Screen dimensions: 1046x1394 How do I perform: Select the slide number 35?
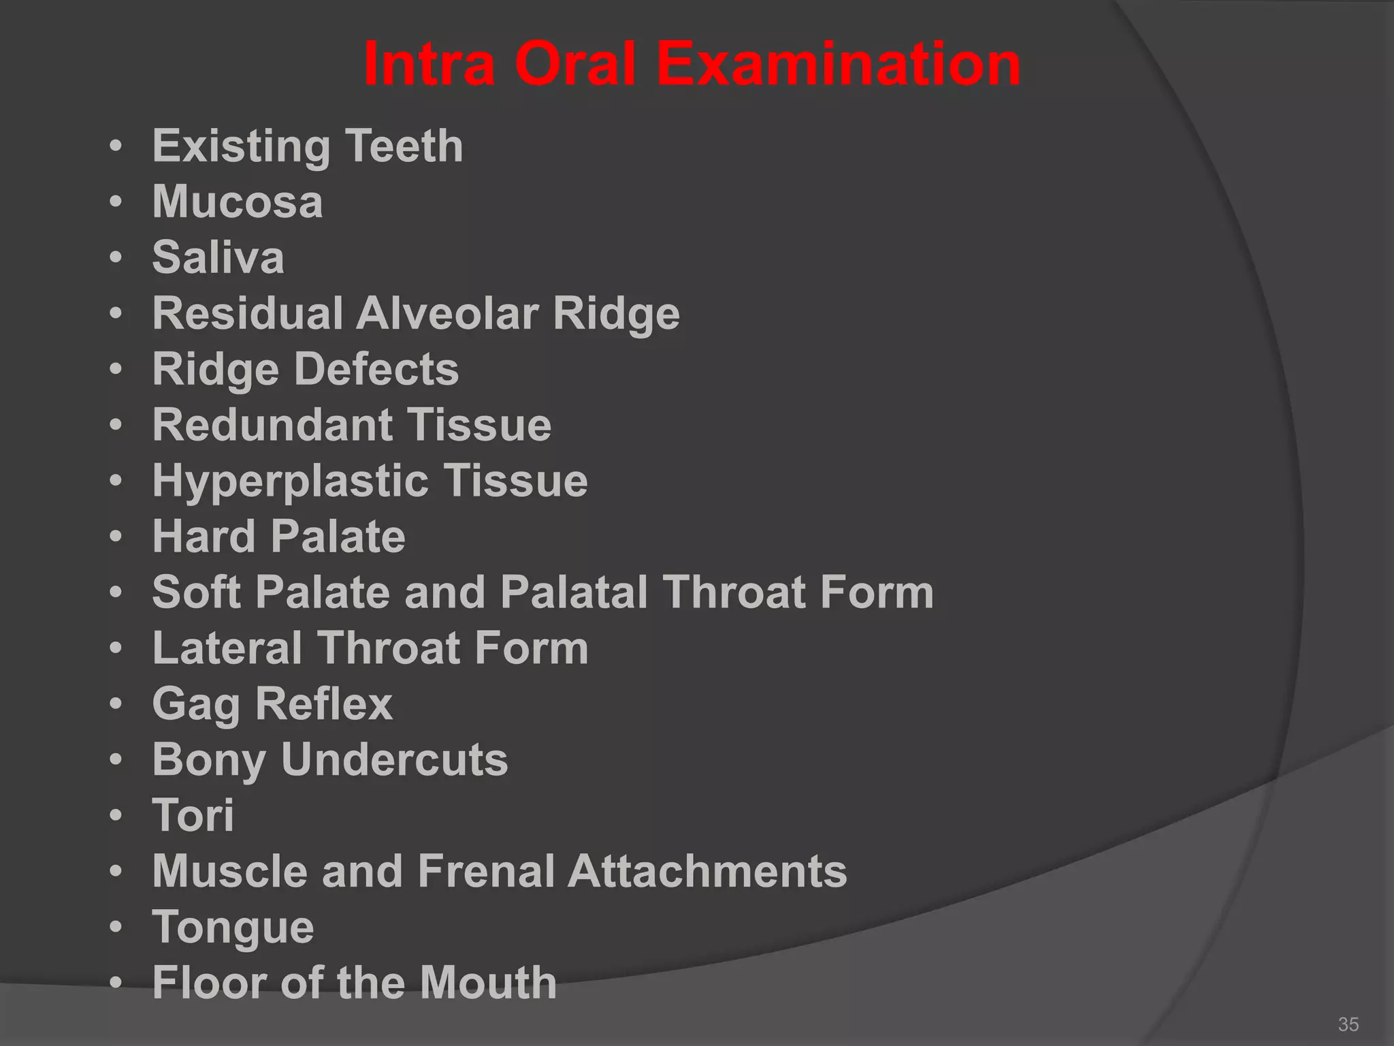(1348, 1024)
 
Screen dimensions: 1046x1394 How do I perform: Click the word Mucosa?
(238, 202)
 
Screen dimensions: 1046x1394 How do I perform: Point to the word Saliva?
(218, 257)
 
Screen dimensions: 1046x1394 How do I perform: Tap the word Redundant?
(272, 425)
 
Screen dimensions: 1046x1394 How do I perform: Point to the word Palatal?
(574, 592)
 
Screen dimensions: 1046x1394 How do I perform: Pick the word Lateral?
(227, 648)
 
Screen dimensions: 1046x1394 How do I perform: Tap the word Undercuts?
(394, 759)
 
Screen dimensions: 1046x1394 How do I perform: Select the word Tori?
(193, 815)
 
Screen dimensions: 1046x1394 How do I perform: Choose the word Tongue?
(233, 928)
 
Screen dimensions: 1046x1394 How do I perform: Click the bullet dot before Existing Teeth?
(116, 146)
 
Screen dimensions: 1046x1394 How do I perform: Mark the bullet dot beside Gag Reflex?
(116, 703)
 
